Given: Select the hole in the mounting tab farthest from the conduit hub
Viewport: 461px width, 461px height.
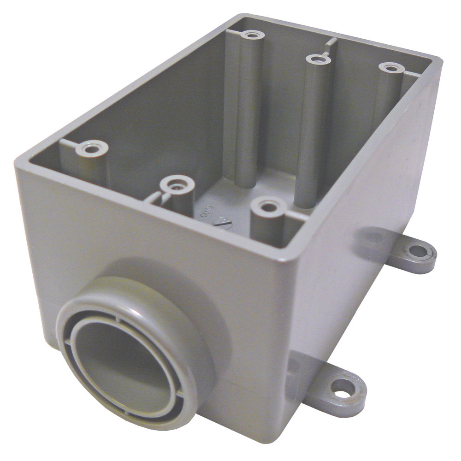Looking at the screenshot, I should [417, 251].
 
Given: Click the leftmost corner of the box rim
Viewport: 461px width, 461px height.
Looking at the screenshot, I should [18, 161].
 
